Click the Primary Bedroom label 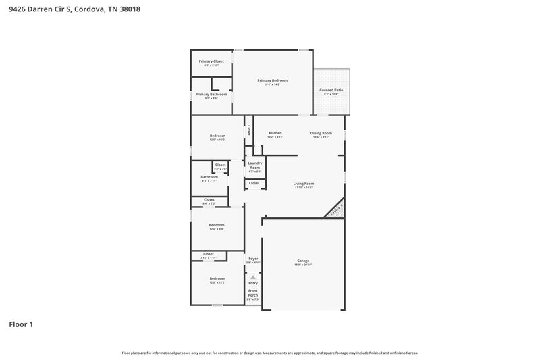pyautogui.click(x=273, y=80)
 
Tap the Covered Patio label pyautogui.click(x=331, y=90)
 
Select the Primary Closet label pyautogui.click(x=211, y=61)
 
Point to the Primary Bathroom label pyautogui.click(x=211, y=94)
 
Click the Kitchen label pyautogui.click(x=275, y=133)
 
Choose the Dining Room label pyautogui.click(x=321, y=133)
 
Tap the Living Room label pyautogui.click(x=303, y=184)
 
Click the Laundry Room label pyautogui.click(x=254, y=165)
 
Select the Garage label pyautogui.click(x=303, y=261)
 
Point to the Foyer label pyautogui.click(x=253, y=259)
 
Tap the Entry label pyautogui.click(x=253, y=283)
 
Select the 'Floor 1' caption pyautogui.click(x=21, y=324)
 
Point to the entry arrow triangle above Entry pyautogui.click(x=253, y=276)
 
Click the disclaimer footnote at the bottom pyautogui.click(x=270, y=353)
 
